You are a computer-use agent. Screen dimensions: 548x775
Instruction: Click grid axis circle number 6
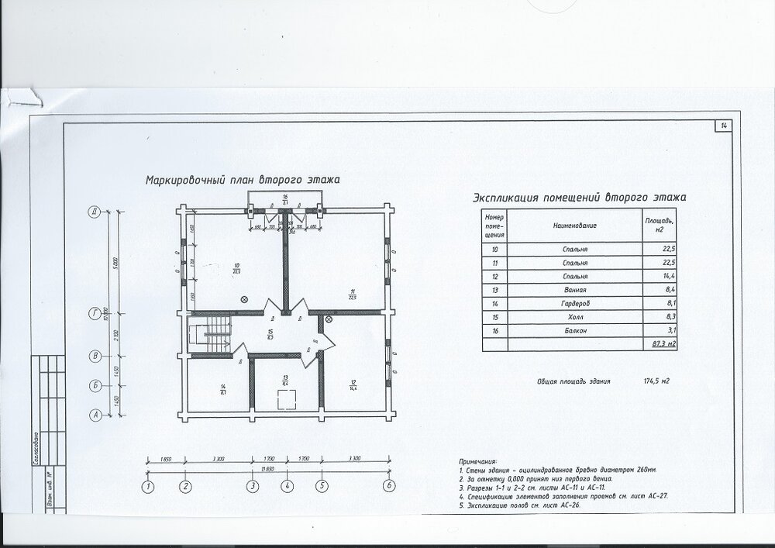(x=389, y=486)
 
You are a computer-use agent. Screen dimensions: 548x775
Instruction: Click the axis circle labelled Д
(x=94, y=210)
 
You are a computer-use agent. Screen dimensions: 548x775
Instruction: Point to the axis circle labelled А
(x=94, y=415)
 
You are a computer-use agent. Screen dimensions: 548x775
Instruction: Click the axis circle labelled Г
(x=94, y=313)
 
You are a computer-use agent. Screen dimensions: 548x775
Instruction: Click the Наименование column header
(x=574, y=225)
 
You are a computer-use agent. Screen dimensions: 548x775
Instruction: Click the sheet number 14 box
(x=723, y=125)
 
